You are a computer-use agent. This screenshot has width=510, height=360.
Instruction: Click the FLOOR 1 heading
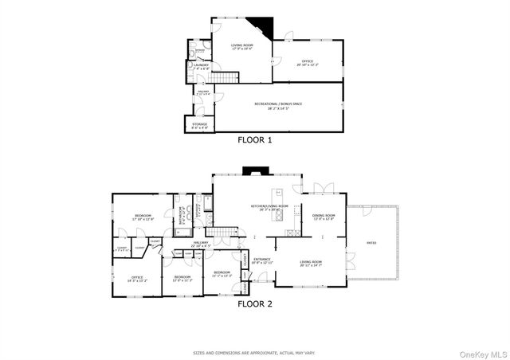point(255,139)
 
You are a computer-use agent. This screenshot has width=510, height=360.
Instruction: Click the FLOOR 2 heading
point(255,303)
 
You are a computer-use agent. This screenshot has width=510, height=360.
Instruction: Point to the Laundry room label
point(202,66)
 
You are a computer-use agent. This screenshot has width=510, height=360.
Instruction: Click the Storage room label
point(200,125)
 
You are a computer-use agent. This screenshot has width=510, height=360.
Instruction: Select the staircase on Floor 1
point(229,78)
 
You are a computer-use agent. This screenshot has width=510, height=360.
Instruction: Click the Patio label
point(371,242)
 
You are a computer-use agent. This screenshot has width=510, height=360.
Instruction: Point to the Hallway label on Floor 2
point(200,245)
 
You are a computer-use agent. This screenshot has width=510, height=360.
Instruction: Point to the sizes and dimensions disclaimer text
point(255,351)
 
